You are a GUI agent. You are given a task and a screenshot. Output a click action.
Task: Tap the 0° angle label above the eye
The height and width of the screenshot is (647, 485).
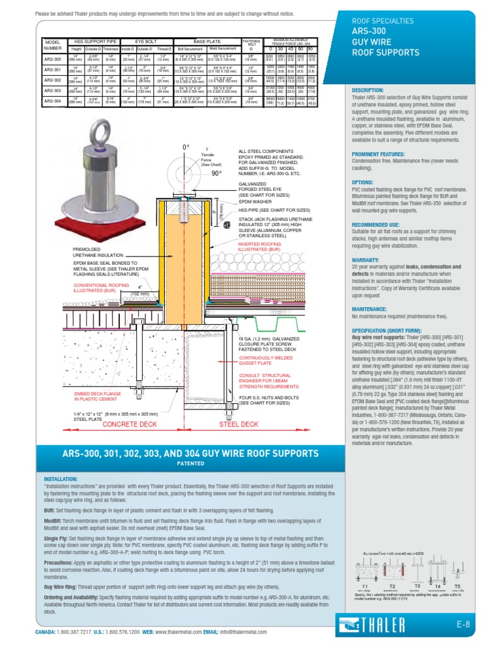click(x=186, y=130)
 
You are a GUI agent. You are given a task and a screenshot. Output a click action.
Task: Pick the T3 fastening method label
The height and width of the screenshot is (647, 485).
click(x=417, y=585)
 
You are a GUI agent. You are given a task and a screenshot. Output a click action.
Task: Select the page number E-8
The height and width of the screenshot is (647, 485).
click(x=464, y=625)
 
